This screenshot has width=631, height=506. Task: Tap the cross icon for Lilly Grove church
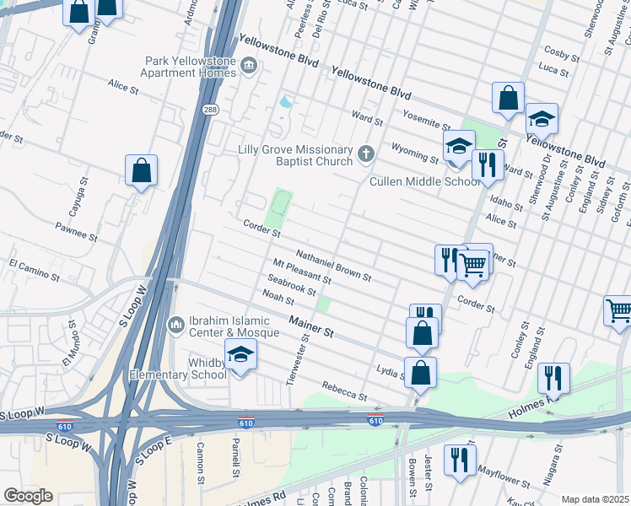(x=365, y=153)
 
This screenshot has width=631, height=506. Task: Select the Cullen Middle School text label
(x=425, y=181)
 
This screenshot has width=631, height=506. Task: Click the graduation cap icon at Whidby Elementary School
(x=240, y=355)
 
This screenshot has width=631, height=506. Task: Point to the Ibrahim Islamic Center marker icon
(x=176, y=324)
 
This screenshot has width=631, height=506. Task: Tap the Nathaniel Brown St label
(x=334, y=264)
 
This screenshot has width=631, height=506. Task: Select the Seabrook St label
(x=291, y=287)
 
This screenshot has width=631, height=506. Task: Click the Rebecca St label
(x=344, y=391)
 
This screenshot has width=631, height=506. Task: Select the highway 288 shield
(x=210, y=109)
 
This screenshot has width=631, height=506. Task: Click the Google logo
(x=28, y=496)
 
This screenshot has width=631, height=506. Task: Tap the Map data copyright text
(x=595, y=499)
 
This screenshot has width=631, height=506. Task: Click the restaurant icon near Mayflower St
(x=460, y=460)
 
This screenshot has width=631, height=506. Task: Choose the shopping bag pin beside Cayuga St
(x=142, y=170)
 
